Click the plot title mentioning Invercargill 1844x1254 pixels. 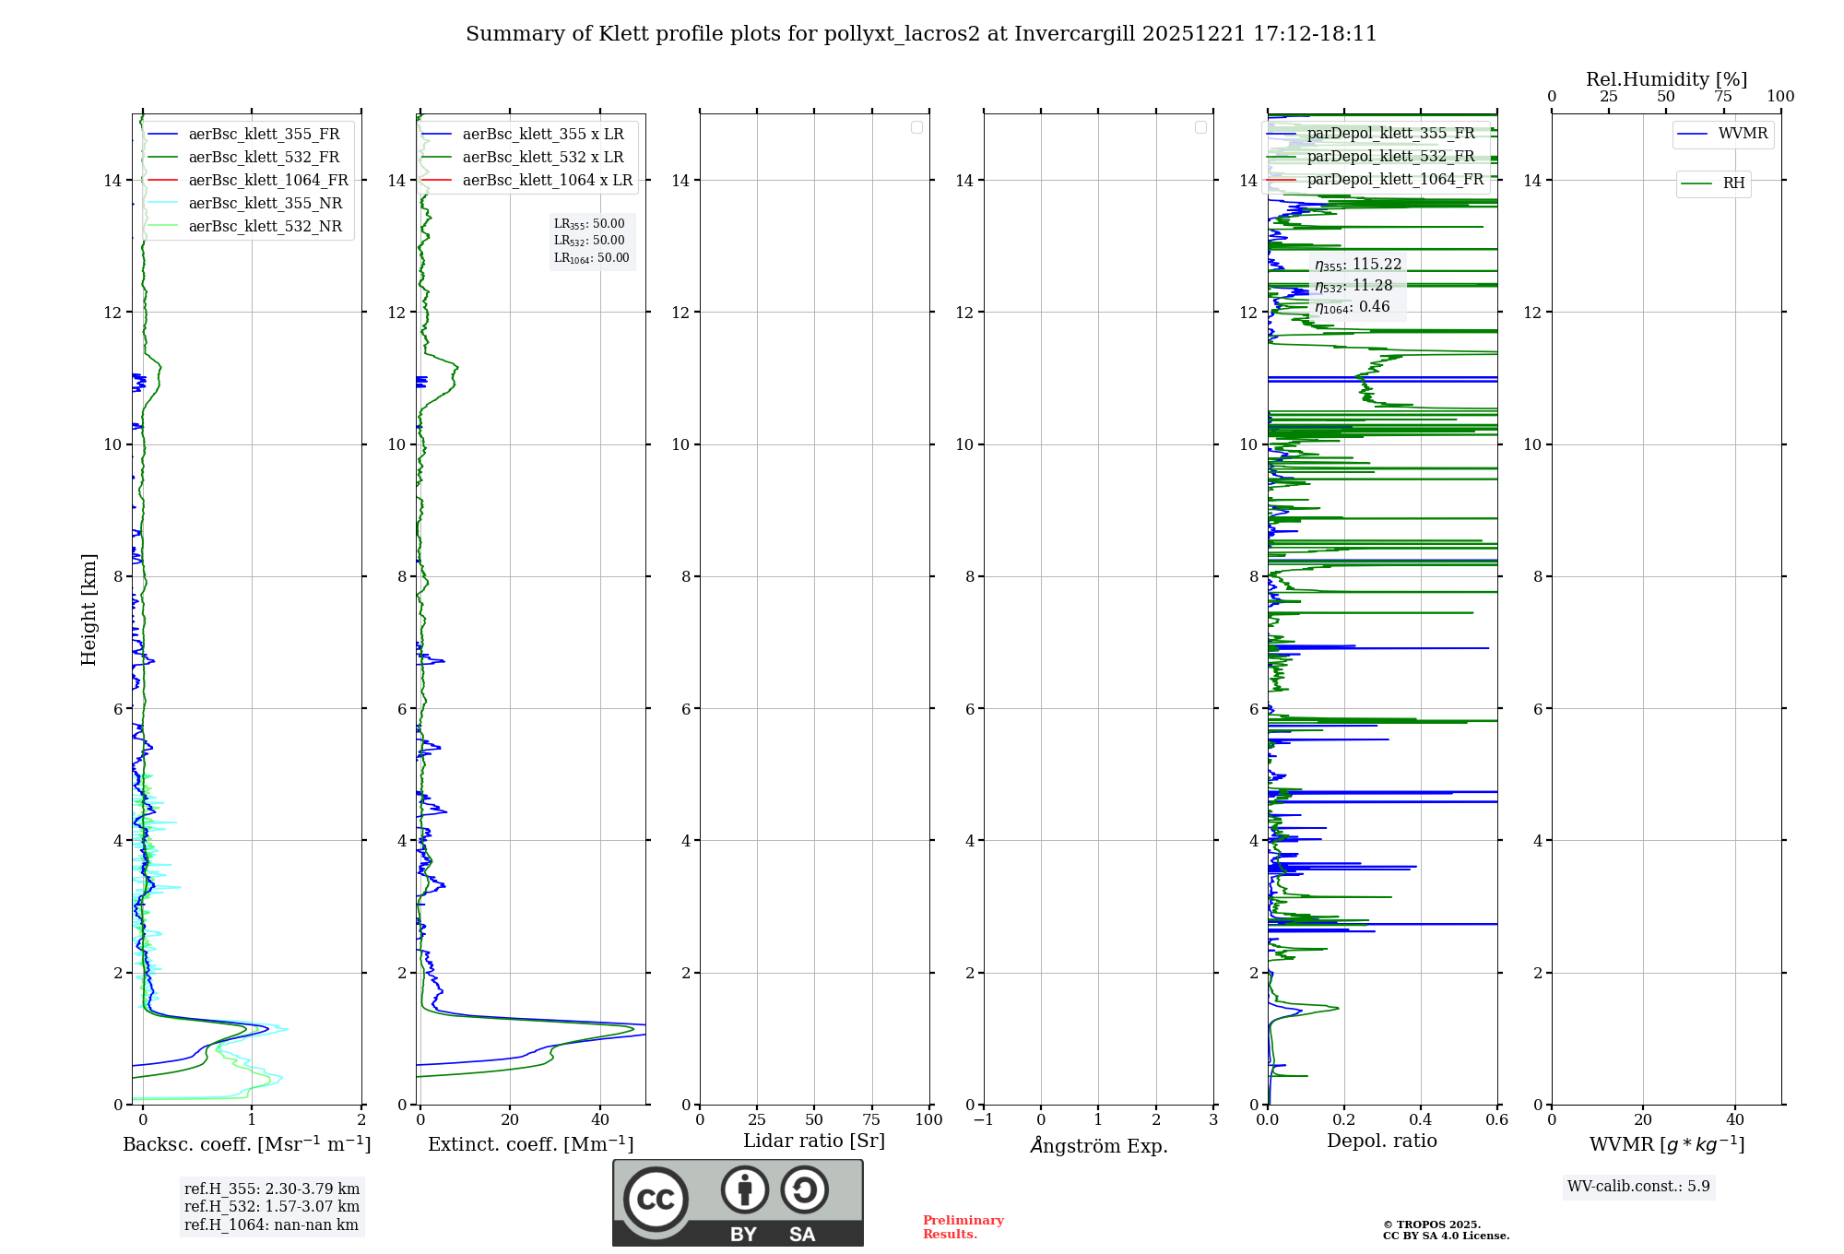(920, 34)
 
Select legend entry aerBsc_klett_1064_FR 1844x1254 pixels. (267, 181)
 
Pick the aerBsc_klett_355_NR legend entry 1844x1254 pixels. (265, 204)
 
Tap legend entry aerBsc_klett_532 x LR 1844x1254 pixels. (542, 158)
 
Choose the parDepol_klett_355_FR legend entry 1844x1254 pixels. (1390, 134)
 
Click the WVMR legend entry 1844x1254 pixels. (1742, 134)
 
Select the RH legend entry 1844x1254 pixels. (1732, 183)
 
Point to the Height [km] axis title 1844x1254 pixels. (89, 609)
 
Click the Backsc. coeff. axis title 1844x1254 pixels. (246, 1144)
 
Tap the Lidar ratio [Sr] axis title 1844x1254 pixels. (813, 1142)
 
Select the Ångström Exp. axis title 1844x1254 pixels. (1098, 1145)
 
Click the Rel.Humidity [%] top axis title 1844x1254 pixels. (1666, 79)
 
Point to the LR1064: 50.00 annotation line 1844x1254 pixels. (591, 258)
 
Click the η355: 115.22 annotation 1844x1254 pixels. (1357, 265)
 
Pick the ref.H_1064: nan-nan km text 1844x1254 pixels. (271, 1224)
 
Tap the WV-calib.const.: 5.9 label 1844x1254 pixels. (1637, 1187)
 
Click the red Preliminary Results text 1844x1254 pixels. (963, 1227)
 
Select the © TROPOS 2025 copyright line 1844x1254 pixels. (1431, 1224)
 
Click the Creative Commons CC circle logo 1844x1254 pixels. (656, 1199)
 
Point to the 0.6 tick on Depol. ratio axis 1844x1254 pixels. (1496, 1120)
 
